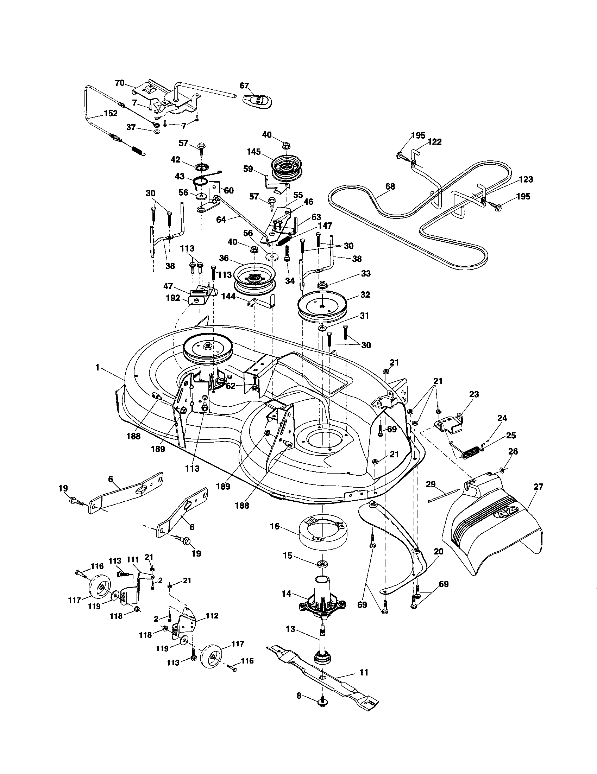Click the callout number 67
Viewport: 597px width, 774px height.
click(244, 85)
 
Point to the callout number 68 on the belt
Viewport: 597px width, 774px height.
click(390, 186)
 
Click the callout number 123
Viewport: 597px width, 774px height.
click(526, 179)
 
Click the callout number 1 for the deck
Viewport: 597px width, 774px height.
click(98, 368)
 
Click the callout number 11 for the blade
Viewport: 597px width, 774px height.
click(364, 672)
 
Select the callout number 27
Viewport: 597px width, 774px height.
click(538, 487)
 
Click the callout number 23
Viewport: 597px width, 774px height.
click(474, 394)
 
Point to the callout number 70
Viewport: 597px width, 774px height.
click(120, 83)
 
